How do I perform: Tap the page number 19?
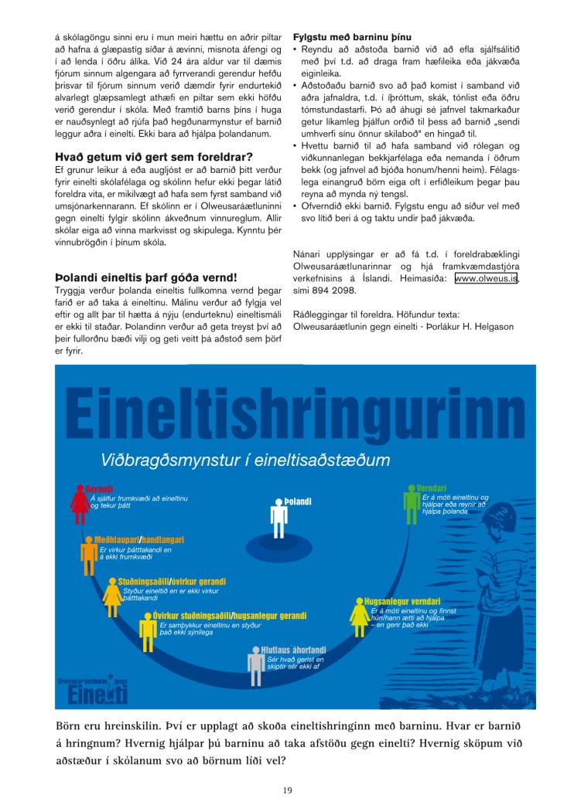287,789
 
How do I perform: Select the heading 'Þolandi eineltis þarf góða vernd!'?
145,277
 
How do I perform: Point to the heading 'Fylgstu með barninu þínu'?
352,37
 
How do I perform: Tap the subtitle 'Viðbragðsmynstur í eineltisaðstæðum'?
245,460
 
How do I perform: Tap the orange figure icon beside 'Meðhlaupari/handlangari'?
88,550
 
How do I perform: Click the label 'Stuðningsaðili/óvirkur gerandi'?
172,581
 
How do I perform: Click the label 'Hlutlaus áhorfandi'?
293,650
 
